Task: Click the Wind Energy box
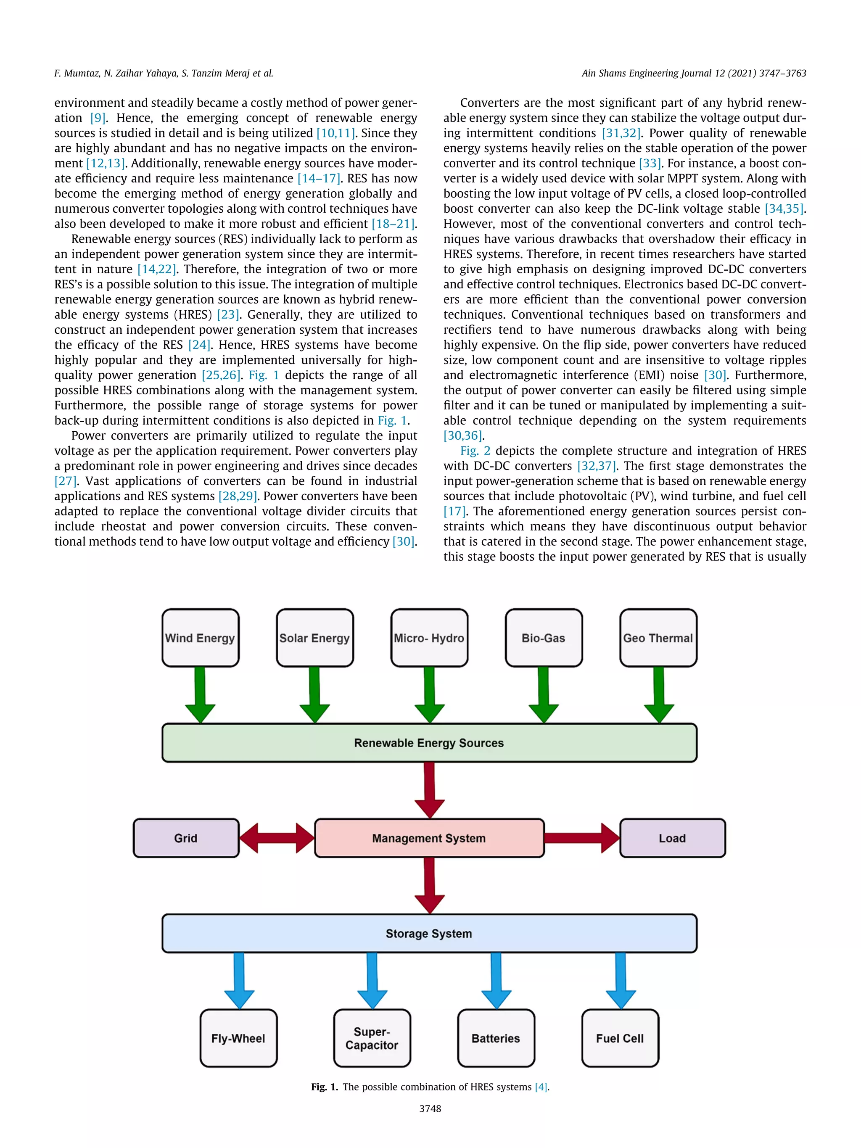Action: (201, 638)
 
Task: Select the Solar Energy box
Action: (314, 638)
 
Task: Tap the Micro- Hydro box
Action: (429, 638)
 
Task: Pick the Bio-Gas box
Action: (543, 638)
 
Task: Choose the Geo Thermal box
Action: (658, 638)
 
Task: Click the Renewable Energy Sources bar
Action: (429, 743)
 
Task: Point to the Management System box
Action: (429, 838)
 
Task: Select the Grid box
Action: (186, 838)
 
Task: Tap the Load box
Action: (672, 838)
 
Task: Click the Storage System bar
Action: (429, 934)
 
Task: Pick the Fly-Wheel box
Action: (238, 1038)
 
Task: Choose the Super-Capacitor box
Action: (372, 1038)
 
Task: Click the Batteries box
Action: (496, 1038)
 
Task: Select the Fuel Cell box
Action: (620, 1038)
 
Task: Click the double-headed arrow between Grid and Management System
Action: (277, 838)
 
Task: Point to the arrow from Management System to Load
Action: (581, 838)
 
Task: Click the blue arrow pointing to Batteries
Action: (496, 980)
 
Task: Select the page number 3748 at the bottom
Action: (430, 1108)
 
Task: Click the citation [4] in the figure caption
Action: (541, 1087)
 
